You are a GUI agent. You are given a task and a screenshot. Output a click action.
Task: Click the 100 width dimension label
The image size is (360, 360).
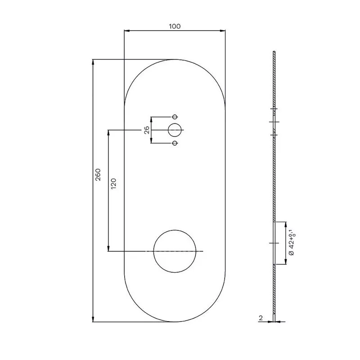click(x=175, y=27)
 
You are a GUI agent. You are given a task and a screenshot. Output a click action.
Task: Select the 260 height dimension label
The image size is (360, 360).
click(x=98, y=175)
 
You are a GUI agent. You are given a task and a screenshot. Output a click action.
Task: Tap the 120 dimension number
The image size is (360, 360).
click(x=114, y=184)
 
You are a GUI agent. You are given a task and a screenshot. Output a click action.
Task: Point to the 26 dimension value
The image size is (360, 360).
click(x=147, y=130)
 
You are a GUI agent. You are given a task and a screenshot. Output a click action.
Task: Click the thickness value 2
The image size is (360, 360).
click(x=261, y=318)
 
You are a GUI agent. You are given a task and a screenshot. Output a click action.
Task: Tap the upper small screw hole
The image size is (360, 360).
click(x=175, y=117)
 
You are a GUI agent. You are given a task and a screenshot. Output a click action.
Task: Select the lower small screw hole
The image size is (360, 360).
click(x=175, y=143)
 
